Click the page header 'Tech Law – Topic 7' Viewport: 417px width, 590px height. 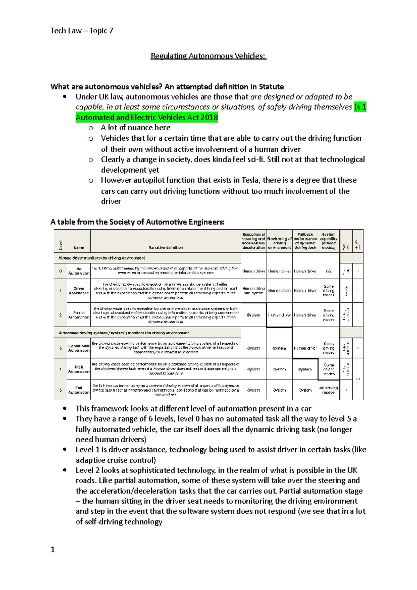click(x=82, y=31)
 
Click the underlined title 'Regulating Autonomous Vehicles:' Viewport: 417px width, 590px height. click(x=208, y=56)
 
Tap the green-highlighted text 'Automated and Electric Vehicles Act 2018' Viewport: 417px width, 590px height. click(x=147, y=117)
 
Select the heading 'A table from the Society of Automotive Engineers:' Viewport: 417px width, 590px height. click(x=137, y=222)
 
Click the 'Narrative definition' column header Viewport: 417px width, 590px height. click(x=165, y=247)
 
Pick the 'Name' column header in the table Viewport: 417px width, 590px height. click(x=79, y=247)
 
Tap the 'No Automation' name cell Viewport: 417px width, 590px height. click(x=79, y=271)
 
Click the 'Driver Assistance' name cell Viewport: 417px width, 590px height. click(x=79, y=291)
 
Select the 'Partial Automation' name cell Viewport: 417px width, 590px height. click(x=79, y=315)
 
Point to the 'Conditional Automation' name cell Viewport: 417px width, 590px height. click(x=79, y=348)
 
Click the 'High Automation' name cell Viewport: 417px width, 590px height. click(x=79, y=369)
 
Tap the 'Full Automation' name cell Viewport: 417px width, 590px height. click(x=79, y=390)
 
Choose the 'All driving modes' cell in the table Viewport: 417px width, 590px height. click(x=328, y=390)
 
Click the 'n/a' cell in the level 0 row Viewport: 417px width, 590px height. click(x=328, y=271)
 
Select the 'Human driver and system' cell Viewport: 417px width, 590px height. click(x=254, y=291)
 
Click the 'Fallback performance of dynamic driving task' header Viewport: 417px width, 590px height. click(x=305, y=241)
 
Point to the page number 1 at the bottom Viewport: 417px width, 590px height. click(x=53, y=549)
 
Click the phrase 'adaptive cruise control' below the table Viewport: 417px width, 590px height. click(x=115, y=460)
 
